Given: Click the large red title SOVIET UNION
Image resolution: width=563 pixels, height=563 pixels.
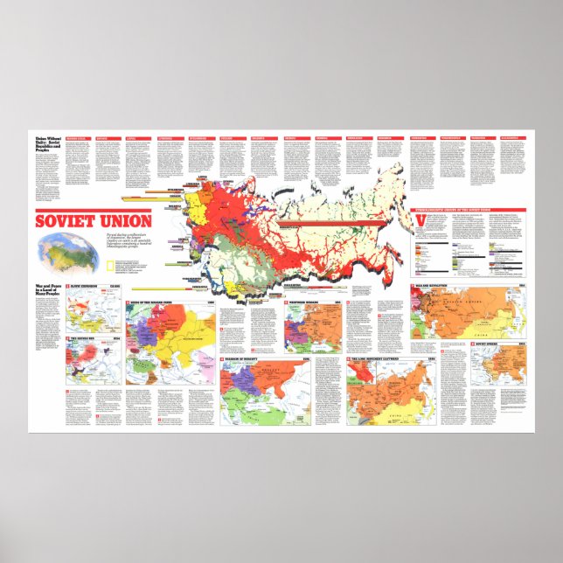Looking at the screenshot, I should (x=94, y=219).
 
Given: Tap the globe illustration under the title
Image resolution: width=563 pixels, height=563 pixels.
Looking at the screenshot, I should (x=66, y=252).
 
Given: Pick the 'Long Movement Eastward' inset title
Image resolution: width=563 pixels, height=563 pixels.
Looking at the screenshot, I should (x=390, y=361).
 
